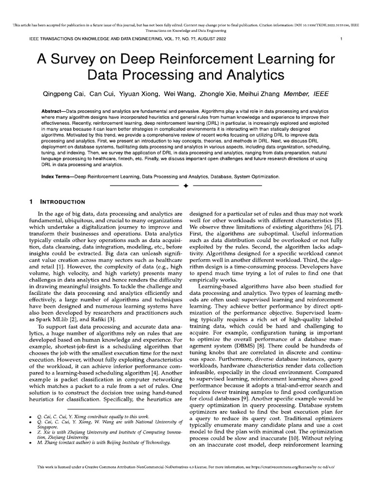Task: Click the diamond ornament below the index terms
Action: pyautogui.click(x=186, y=185)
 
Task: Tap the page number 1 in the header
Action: pyautogui.click(x=341, y=38)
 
